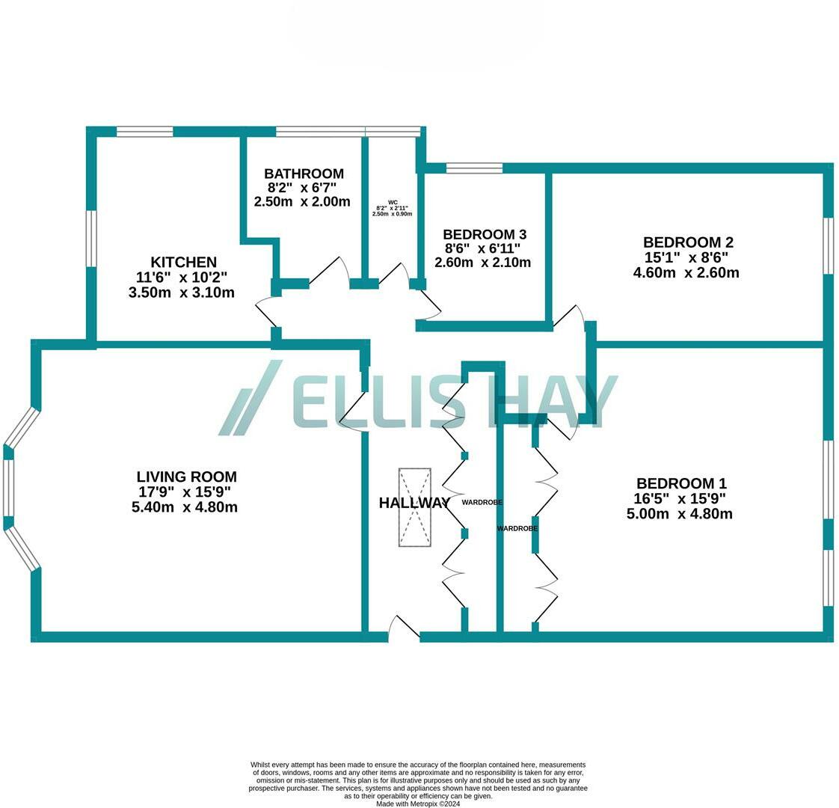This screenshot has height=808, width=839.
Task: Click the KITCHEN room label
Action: click(x=183, y=263)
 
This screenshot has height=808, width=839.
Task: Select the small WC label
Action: click(x=393, y=203)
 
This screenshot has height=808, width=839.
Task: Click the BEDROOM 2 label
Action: click(x=688, y=242)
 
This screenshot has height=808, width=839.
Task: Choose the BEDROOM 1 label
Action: click(x=680, y=484)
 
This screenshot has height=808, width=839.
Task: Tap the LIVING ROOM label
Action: click(x=186, y=477)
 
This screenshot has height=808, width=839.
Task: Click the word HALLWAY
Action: click(x=414, y=504)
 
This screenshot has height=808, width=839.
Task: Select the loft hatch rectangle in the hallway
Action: click(x=414, y=507)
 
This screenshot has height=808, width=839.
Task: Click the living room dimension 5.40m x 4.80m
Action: click(x=184, y=507)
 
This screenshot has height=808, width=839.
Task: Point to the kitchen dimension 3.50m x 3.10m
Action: click(x=182, y=293)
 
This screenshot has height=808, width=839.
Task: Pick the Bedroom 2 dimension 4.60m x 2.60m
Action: click(x=686, y=273)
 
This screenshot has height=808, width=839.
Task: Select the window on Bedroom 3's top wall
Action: click(x=474, y=168)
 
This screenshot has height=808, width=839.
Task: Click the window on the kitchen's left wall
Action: click(x=90, y=238)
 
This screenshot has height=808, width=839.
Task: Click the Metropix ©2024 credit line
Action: click(x=418, y=804)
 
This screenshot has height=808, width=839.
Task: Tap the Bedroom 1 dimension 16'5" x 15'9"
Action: click(x=680, y=499)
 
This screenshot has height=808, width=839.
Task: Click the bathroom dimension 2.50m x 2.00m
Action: click(x=302, y=202)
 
